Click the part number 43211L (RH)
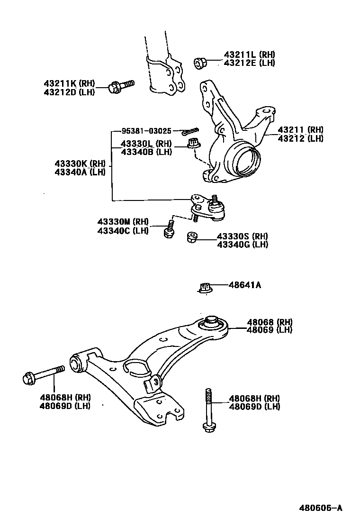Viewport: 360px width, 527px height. coord(249,55)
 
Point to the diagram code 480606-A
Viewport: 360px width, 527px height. coord(320,509)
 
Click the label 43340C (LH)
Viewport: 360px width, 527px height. coord(123,231)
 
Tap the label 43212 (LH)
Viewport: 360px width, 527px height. coord(300,138)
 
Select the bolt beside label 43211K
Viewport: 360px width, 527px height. coord(121,86)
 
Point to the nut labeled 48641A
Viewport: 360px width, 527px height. coord(204,288)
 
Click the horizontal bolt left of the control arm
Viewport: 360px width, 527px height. coord(44,375)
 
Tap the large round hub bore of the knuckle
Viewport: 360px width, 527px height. coord(243,162)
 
